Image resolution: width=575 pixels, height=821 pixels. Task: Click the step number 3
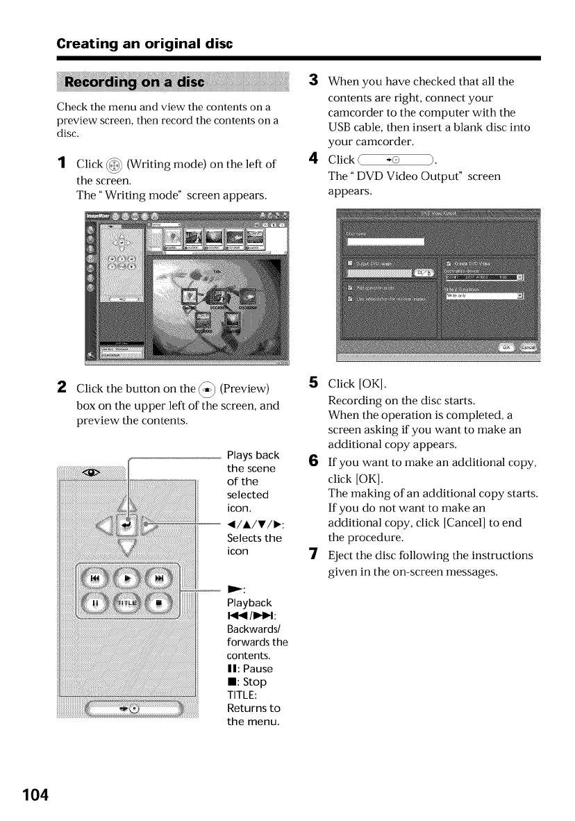click(x=312, y=81)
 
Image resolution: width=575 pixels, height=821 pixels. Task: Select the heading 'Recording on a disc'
click(x=134, y=82)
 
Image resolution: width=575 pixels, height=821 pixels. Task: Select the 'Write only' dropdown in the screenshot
click(x=484, y=296)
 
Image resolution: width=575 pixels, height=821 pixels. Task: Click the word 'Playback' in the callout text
click(x=249, y=602)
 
